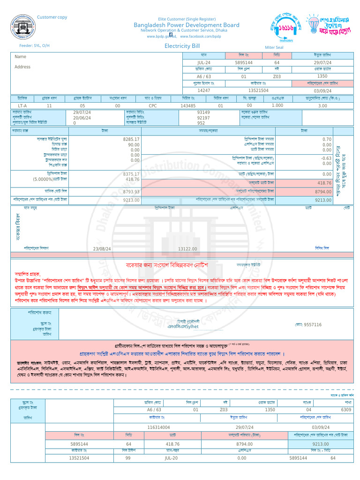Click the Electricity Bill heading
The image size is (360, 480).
coord(182,46)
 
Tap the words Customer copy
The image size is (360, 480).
coord(52,17)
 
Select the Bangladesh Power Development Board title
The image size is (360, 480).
coord(187,25)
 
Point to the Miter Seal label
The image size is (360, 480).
coord(274,47)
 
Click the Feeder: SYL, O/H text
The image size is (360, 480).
coord(34,46)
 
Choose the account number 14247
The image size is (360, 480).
coord(204,90)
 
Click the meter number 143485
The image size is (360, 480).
coord(188,106)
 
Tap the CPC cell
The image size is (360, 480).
coord(153,106)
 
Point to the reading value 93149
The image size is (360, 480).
coord(203,113)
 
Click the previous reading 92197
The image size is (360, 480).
coord(203,118)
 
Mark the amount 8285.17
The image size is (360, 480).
coord(131,140)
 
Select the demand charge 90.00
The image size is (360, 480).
coord(134,145)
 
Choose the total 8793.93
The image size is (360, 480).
coord(131,192)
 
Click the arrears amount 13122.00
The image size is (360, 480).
coord(187,249)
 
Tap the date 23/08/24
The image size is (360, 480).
coord(102,249)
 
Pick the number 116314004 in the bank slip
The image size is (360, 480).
coord(158,427)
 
